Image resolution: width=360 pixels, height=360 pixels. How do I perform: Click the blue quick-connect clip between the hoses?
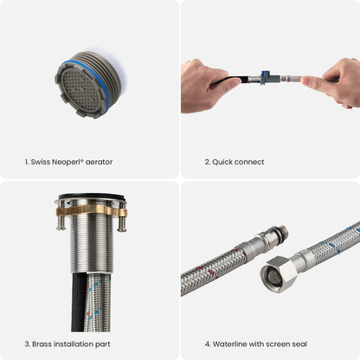264,78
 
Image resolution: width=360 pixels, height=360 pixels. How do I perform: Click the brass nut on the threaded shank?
91,210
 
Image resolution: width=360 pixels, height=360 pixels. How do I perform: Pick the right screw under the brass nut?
121,222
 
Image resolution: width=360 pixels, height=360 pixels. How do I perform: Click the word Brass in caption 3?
41,344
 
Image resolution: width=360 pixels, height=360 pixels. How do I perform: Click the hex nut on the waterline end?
279,274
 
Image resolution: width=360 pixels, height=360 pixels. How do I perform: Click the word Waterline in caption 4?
227,344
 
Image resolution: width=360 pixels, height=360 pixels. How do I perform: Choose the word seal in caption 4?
297,344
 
